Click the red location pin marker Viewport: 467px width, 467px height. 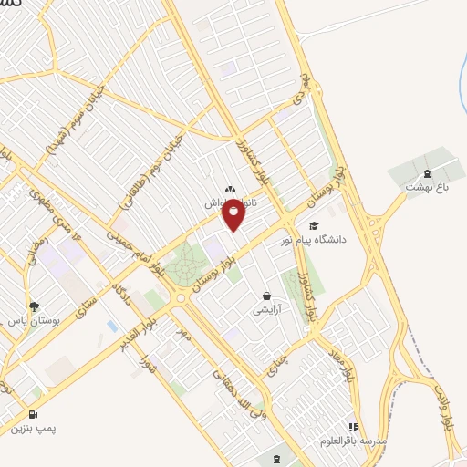coord(234,213)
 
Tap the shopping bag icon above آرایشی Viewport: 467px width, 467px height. coord(265,296)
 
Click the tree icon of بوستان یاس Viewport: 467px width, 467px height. coord(34,306)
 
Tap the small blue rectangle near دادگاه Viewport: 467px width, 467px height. coord(112,326)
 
